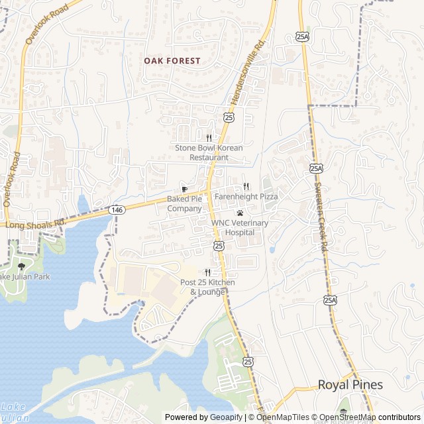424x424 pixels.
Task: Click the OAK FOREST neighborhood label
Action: click(x=172, y=60)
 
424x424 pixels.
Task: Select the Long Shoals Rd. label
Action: click(x=35, y=225)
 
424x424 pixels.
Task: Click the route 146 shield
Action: click(x=117, y=209)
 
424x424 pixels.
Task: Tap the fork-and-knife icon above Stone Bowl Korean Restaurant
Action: click(x=209, y=138)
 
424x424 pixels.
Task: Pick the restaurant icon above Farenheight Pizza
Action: click(x=246, y=187)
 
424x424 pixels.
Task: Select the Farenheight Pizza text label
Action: click(x=246, y=197)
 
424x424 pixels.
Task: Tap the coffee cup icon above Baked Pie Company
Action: click(x=184, y=189)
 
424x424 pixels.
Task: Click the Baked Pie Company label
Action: click(x=184, y=203)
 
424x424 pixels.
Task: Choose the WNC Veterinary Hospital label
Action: click(x=240, y=227)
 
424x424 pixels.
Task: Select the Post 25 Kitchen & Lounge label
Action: click(x=207, y=287)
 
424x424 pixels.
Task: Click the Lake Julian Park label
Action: click(x=25, y=276)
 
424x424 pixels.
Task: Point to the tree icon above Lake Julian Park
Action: click(x=21, y=266)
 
